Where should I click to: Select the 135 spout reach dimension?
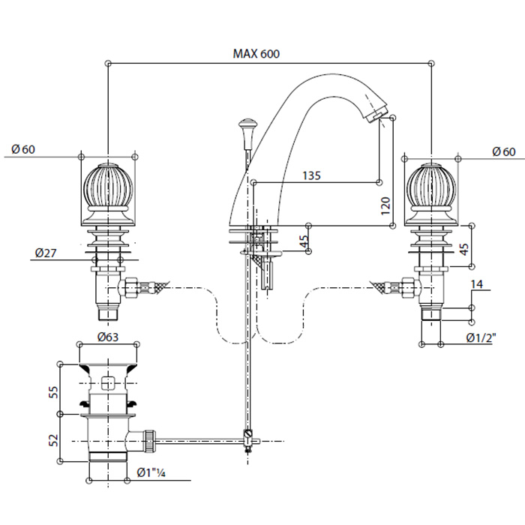pos(311,175)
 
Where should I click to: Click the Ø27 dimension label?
pos(46,253)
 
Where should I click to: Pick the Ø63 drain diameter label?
pos(109,336)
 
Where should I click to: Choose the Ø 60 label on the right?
pos(503,151)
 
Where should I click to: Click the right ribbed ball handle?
pos(433,189)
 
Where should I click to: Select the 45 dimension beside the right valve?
pos(464,248)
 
